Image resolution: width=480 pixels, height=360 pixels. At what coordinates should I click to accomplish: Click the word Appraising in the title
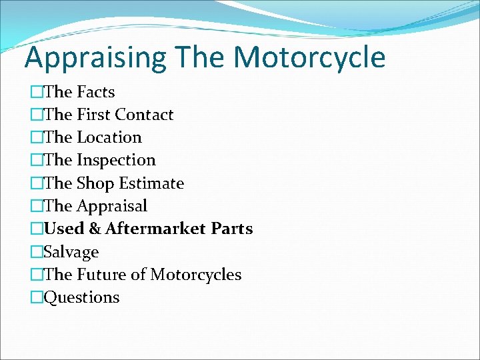coord(95,58)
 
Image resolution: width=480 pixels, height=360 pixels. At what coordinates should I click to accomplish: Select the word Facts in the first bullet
coord(96,92)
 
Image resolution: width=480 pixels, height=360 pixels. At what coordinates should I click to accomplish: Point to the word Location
coord(109,137)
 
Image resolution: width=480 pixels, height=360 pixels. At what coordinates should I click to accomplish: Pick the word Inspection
coord(116,160)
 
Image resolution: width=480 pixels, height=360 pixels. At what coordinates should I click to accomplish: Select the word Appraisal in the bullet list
coord(112,206)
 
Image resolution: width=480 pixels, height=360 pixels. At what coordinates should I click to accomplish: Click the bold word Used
coord(64,229)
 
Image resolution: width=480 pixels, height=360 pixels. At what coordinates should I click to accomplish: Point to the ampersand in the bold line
coord(95,229)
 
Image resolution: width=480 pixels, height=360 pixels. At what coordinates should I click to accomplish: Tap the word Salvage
coord(71,252)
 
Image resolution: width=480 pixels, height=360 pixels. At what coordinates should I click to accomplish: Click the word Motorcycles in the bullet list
coord(196,275)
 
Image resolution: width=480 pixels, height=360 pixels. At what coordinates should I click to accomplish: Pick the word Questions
coord(81,297)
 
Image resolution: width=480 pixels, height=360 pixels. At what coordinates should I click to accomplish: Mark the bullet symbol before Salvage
coord(36,252)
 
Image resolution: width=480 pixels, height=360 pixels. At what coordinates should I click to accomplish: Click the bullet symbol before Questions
coord(36,297)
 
